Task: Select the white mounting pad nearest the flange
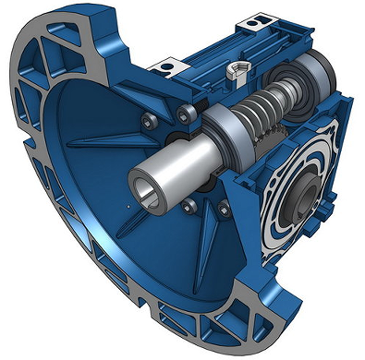(167, 66)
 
